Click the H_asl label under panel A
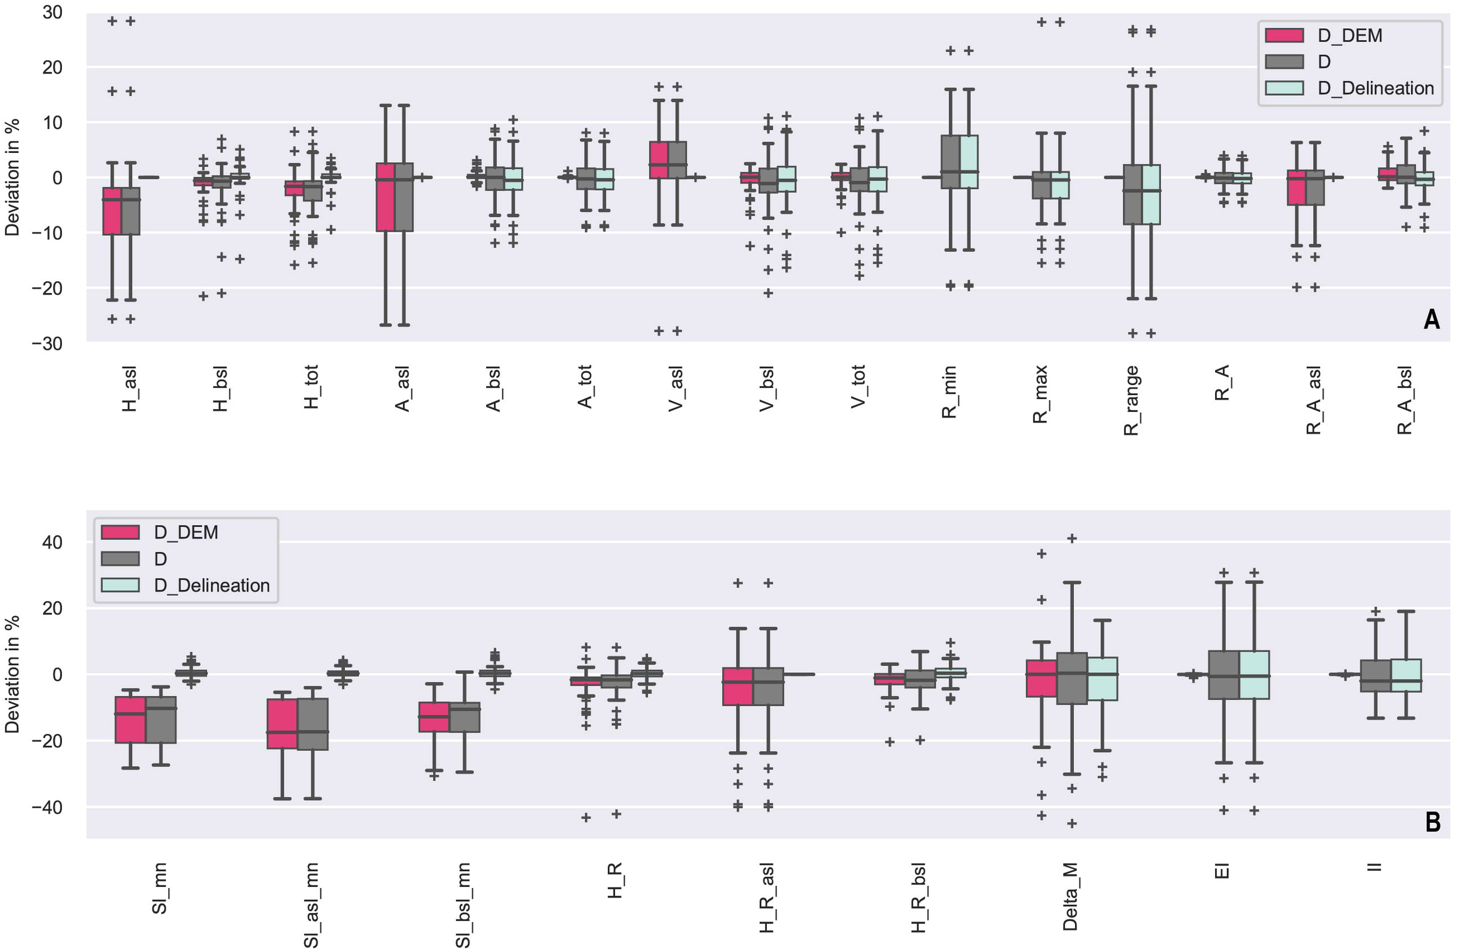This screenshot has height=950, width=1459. (130, 389)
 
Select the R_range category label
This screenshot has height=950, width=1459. (1130, 400)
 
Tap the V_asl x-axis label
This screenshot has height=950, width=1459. (676, 389)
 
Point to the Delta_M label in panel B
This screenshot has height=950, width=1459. (1070, 896)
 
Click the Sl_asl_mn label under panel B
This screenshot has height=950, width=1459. (312, 904)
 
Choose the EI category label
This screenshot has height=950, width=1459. (1221, 870)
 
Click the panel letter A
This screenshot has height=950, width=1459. (1431, 319)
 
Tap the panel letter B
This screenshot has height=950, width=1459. (1432, 822)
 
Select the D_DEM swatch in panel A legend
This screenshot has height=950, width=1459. (1284, 35)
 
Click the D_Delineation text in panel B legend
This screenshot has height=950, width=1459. (211, 585)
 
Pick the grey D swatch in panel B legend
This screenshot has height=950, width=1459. (120, 558)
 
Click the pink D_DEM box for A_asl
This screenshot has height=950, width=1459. (385, 197)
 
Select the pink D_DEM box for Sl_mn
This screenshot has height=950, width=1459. (131, 719)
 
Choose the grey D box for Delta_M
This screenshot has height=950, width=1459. (1071, 678)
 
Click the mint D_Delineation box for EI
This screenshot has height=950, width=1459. (1254, 674)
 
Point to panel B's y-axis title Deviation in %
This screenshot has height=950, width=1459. (12, 674)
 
